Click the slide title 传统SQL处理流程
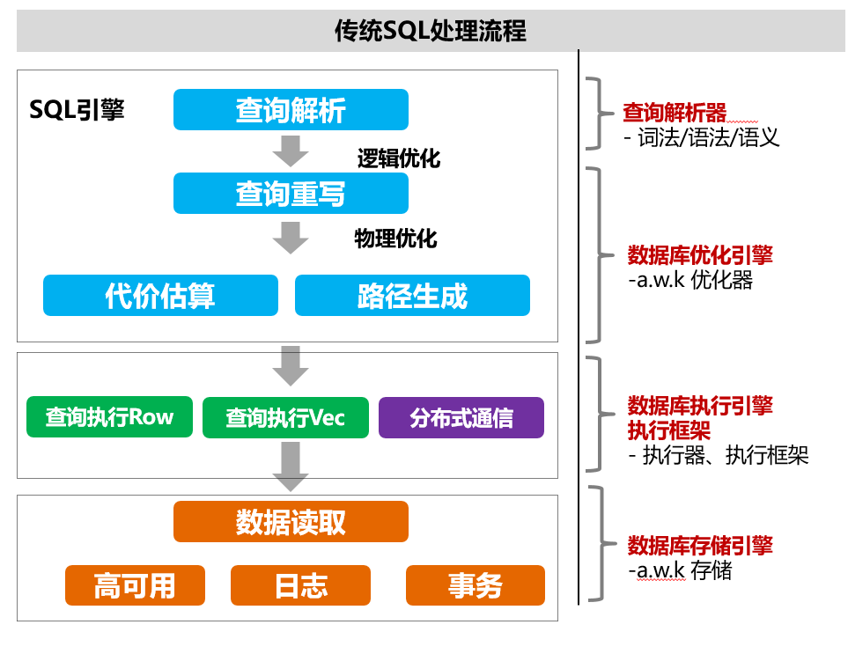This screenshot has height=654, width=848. [x=431, y=32]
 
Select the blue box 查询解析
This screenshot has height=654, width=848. [x=291, y=110]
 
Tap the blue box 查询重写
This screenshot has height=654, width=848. [x=291, y=193]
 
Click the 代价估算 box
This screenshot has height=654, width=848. [x=160, y=296]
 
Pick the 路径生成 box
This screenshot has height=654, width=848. [x=412, y=296]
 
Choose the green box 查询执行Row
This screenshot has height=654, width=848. [x=109, y=417]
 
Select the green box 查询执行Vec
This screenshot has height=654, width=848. [x=285, y=417]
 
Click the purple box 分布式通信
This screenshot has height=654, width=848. [x=461, y=417]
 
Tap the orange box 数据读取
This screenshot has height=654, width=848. [x=291, y=522]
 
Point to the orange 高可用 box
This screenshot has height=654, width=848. [x=135, y=585]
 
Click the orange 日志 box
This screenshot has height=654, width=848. [x=300, y=585]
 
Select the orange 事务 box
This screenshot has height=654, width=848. [x=475, y=585]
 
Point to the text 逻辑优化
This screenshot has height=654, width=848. [x=398, y=158]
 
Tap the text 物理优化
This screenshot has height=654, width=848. [x=395, y=238]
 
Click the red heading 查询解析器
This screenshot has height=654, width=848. [x=675, y=113]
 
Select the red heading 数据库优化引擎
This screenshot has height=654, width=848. [x=699, y=255]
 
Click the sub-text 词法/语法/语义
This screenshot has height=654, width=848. [x=708, y=137]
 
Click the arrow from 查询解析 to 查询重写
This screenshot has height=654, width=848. [x=291, y=151]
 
